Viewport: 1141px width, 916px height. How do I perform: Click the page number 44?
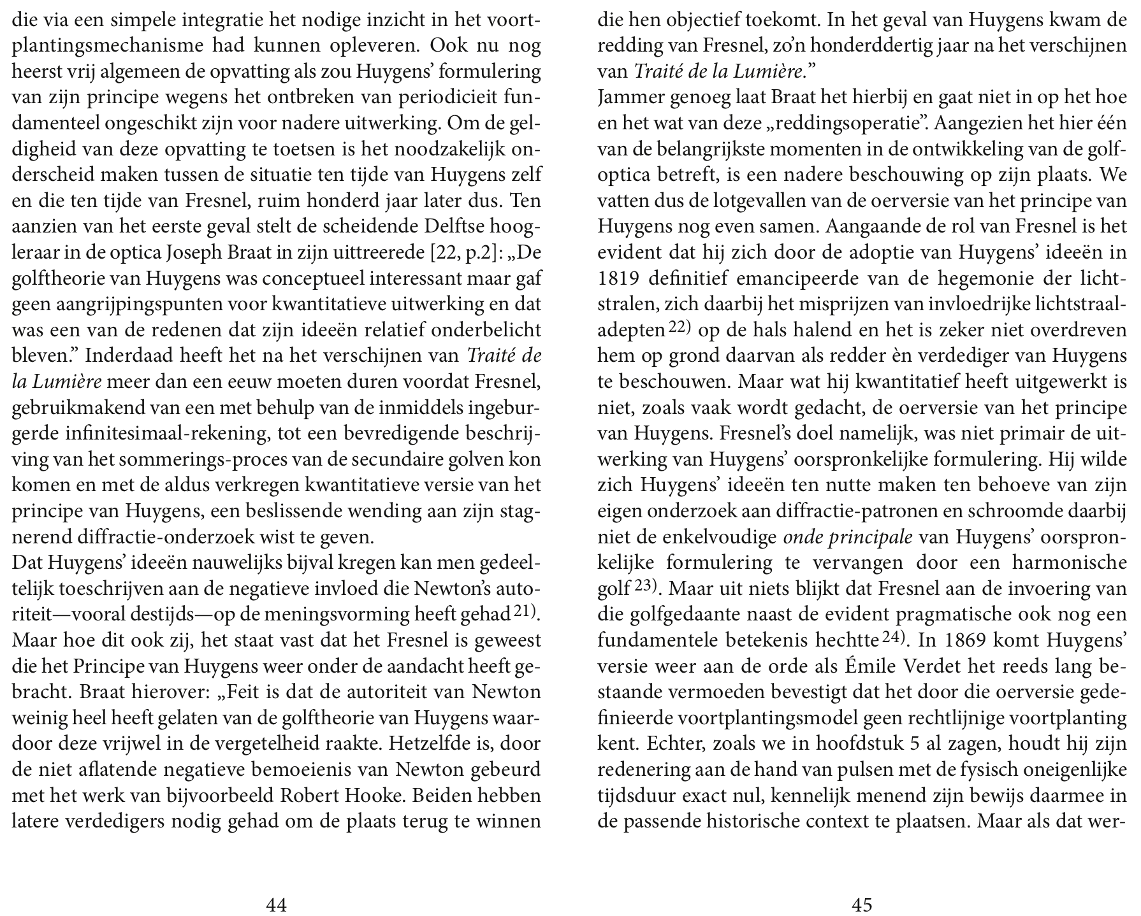click(x=276, y=905)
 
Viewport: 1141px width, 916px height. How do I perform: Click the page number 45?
click(x=862, y=905)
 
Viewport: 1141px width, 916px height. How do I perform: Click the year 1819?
click(x=619, y=279)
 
